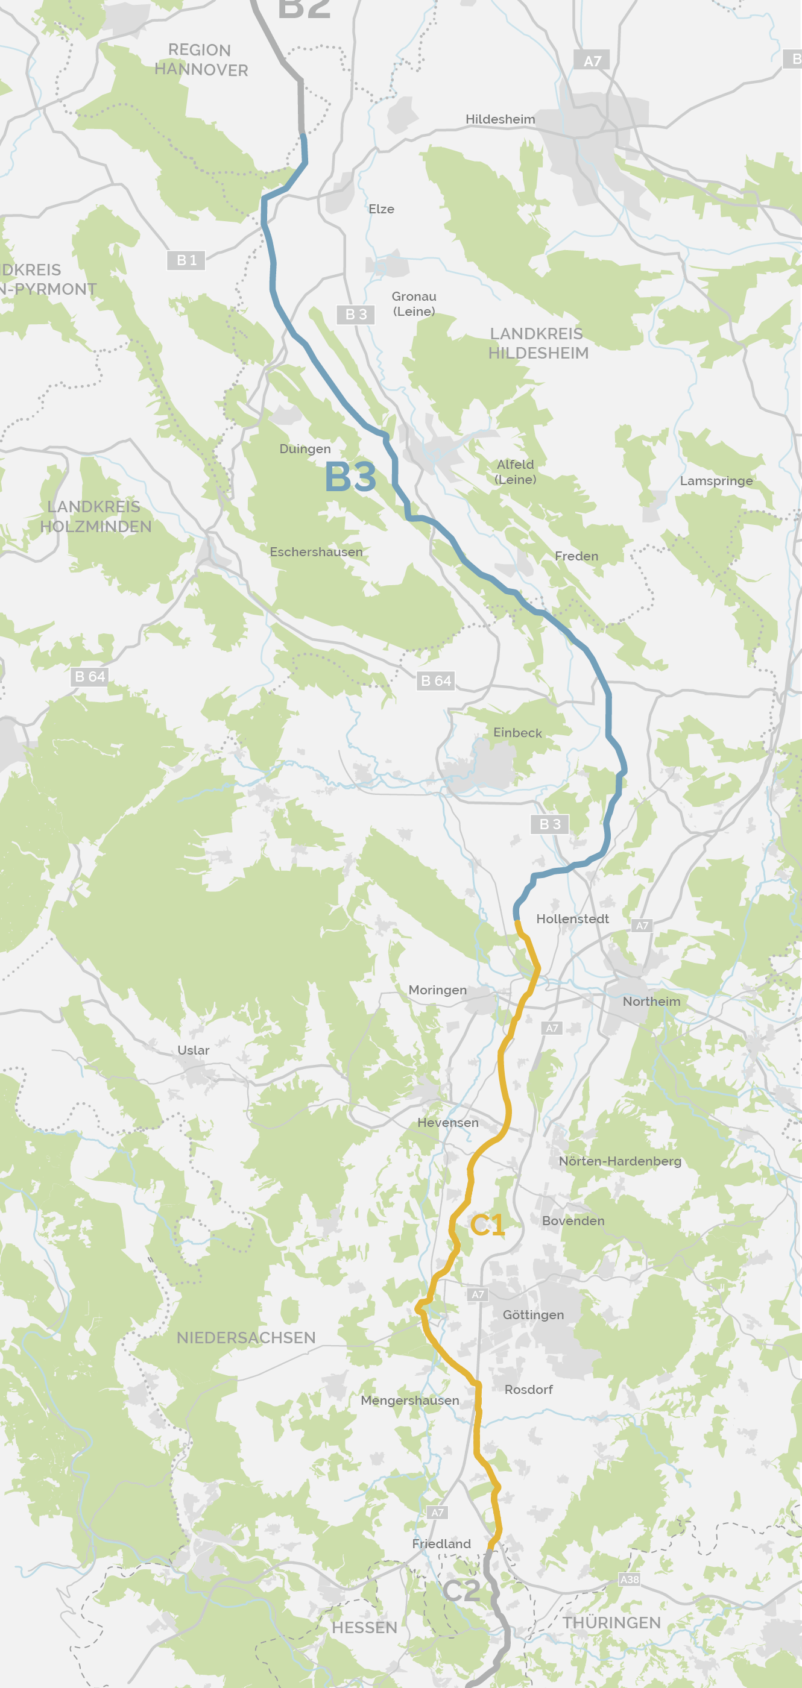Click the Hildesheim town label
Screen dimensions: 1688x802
pos(500,119)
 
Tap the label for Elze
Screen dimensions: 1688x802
pos(381,209)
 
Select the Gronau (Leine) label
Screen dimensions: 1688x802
pos(414,303)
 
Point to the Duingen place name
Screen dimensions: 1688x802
pos(305,449)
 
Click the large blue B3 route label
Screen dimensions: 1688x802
pos(350,477)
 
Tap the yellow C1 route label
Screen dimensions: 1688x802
pos(487,1225)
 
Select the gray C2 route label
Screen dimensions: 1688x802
pos(462,1590)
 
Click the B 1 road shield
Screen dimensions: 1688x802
pos(186,260)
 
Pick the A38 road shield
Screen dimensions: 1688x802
pos(629,1580)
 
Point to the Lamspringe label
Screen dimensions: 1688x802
pos(716,481)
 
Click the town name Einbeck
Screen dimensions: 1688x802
pos(517,733)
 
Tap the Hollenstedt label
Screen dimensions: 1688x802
pos(572,918)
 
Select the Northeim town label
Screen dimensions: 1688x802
pos(651,1001)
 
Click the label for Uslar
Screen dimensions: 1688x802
pos(194,1050)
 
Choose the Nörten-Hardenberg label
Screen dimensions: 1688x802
pos(620,1161)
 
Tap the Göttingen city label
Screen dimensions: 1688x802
pos(533,1314)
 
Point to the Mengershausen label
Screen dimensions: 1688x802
pos(410,1401)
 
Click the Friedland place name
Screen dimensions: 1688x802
pos(441,1543)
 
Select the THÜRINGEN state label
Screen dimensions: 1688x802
pos(611,1622)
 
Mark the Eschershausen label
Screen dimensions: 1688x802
pos(316,552)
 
